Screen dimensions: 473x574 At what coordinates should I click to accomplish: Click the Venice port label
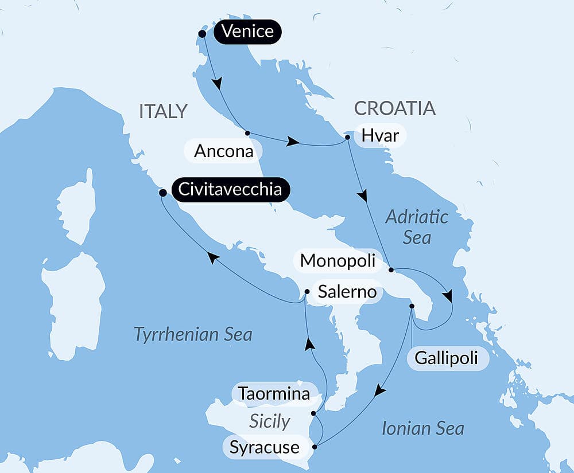pyautogui.click(x=247, y=32)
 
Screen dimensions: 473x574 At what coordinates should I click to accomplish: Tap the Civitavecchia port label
pyautogui.click(x=230, y=190)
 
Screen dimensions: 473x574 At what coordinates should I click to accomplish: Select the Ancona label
pyautogui.click(x=223, y=151)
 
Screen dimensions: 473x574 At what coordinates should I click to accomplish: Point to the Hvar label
pyautogui.click(x=381, y=136)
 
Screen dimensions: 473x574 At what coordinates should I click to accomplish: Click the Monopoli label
pyautogui.click(x=338, y=261)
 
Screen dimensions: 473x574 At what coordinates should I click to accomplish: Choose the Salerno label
pyautogui.click(x=347, y=292)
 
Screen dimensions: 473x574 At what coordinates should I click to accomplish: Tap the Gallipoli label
pyautogui.click(x=448, y=359)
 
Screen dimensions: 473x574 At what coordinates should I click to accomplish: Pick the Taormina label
pyautogui.click(x=274, y=394)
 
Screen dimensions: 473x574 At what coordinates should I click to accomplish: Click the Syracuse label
pyautogui.click(x=265, y=447)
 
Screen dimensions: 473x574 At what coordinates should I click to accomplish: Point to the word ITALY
pyautogui.click(x=164, y=111)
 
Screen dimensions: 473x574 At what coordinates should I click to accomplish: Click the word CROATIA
pyautogui.click(x=394, y=108)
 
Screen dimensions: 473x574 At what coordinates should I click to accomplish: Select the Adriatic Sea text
pyautogui.click(x=417, y=226)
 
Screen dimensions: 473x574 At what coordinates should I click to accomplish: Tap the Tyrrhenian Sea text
pyautogui.click(x=193, y=334)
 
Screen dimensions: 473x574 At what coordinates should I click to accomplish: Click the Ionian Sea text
pyautogui.click(x=422, y=428)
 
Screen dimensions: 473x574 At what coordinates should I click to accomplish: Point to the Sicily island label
pyautogui.click(x=269, y=421)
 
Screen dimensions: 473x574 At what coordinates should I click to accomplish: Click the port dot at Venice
pyautogui.click(x=202, y=34)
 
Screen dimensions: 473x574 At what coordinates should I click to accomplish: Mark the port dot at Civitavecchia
pyautogui.click(x=162, y=193)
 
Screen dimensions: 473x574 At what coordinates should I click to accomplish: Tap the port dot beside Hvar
pyautogui.click(x=348, y=138)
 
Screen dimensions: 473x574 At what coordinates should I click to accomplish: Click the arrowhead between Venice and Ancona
pyautogui.click(x=217, y=84)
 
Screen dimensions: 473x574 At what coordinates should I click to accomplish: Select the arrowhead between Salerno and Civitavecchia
pyautogui.click(x=213, y=259)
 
